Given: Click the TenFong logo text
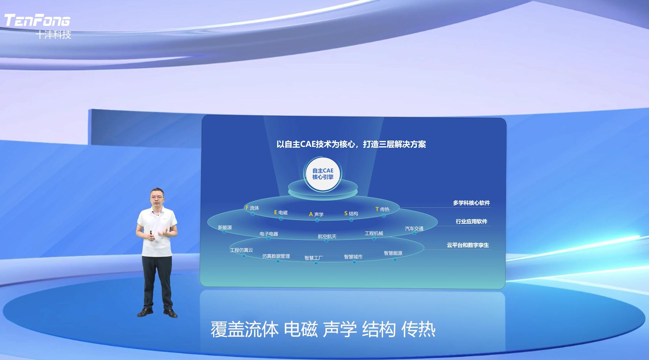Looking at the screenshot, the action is pyautogui.click(x=37, y=20).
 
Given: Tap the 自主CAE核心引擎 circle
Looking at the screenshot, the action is pyautogui.click(x=323, y=174).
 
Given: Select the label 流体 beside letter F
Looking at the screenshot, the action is pyautogui.click(x=254, y=208).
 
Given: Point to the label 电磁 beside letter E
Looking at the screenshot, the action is pyautogui.click(x=283, y=212).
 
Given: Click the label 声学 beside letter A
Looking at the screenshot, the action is pyautogui.click(x=319, y=214).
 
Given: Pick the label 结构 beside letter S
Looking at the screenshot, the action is pyautogui.click(x=353, y=213).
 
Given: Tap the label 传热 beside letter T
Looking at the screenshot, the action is pyautogui.click(x=385, y=209).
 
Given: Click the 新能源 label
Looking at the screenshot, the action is pyautogui.click(x=225, y=227).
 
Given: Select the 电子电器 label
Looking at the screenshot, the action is pyautogui.click(x=269, y=234).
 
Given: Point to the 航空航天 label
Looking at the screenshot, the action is pyautogui.click(x=327, y=236).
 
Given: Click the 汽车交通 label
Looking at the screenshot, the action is pyautogui.click(x=414, y=228).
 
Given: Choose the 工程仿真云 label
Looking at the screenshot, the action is pyautogui.click(x=241, y=250).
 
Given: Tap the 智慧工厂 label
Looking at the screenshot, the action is pyautogui.click(x=314, y=258).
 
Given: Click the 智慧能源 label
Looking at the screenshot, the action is pyautogui.click(x=393, y=253).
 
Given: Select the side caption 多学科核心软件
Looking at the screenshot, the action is pyautogui.click(x=471, y=203).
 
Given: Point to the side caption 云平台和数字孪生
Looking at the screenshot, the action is pyautogui.click(x=468, y=245).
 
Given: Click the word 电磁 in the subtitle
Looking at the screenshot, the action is pyautogui.click(x=300, y=330).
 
